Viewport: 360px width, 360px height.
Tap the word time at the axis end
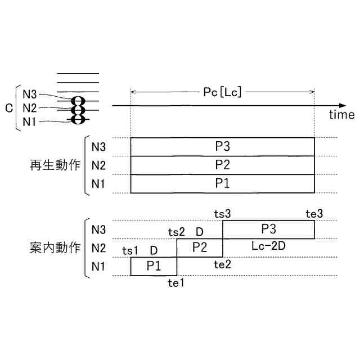[x=342, y=115]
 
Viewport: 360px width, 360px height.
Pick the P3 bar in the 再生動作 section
[x=222, y=147]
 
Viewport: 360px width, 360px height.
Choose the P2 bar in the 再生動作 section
[x=222, y=165]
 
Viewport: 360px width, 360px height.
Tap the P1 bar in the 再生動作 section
[x=222, y=183]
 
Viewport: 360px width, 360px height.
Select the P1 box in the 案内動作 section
[x=154, y=266]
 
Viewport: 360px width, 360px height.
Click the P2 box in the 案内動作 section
[x=200, y=247]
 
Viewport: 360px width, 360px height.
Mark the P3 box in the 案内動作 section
[x=268, y=229]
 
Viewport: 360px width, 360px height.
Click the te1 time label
[x=177, y=283]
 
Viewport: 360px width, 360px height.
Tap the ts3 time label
[x=223, y=213]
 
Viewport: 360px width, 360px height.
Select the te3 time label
[x=314, y=213]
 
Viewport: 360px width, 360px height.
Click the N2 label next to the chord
[x=30, y=108]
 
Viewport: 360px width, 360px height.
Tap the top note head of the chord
[x=78, y=101]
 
